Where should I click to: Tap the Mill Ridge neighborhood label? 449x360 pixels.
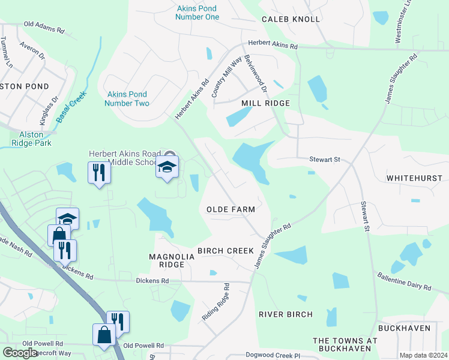[265, 103]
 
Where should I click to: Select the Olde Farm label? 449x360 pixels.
[231, 209]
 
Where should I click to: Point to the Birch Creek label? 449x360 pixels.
[226, 250]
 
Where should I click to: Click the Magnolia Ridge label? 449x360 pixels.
[172, 260]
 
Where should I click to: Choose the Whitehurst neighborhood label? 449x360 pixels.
[414, 178]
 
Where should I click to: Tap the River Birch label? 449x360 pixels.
[286, 314]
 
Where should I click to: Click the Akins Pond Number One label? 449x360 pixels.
[197, 13]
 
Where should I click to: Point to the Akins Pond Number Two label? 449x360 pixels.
[127, 99]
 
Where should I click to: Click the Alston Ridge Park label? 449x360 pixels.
[31, 139]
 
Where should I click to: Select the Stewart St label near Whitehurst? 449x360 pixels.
[325, 160]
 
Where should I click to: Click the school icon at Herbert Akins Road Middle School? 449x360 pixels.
[167, 166]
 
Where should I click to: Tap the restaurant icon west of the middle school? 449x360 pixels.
[98, 172]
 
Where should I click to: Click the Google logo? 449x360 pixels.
[20, 353]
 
